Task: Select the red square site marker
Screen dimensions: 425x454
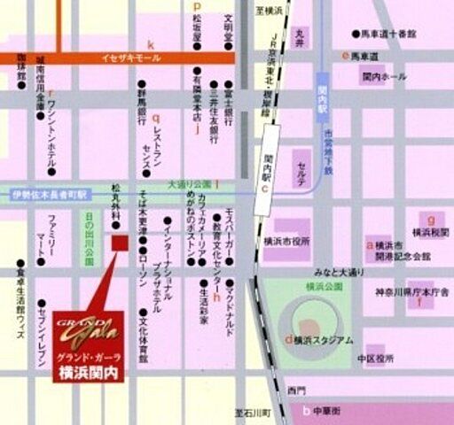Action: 120,243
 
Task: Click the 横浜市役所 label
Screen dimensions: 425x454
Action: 286,241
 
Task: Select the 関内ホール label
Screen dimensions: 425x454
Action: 384,77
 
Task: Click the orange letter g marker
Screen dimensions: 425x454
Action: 430,217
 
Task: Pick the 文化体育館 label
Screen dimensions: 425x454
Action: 143,337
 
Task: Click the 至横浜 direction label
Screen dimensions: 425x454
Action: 269,10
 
